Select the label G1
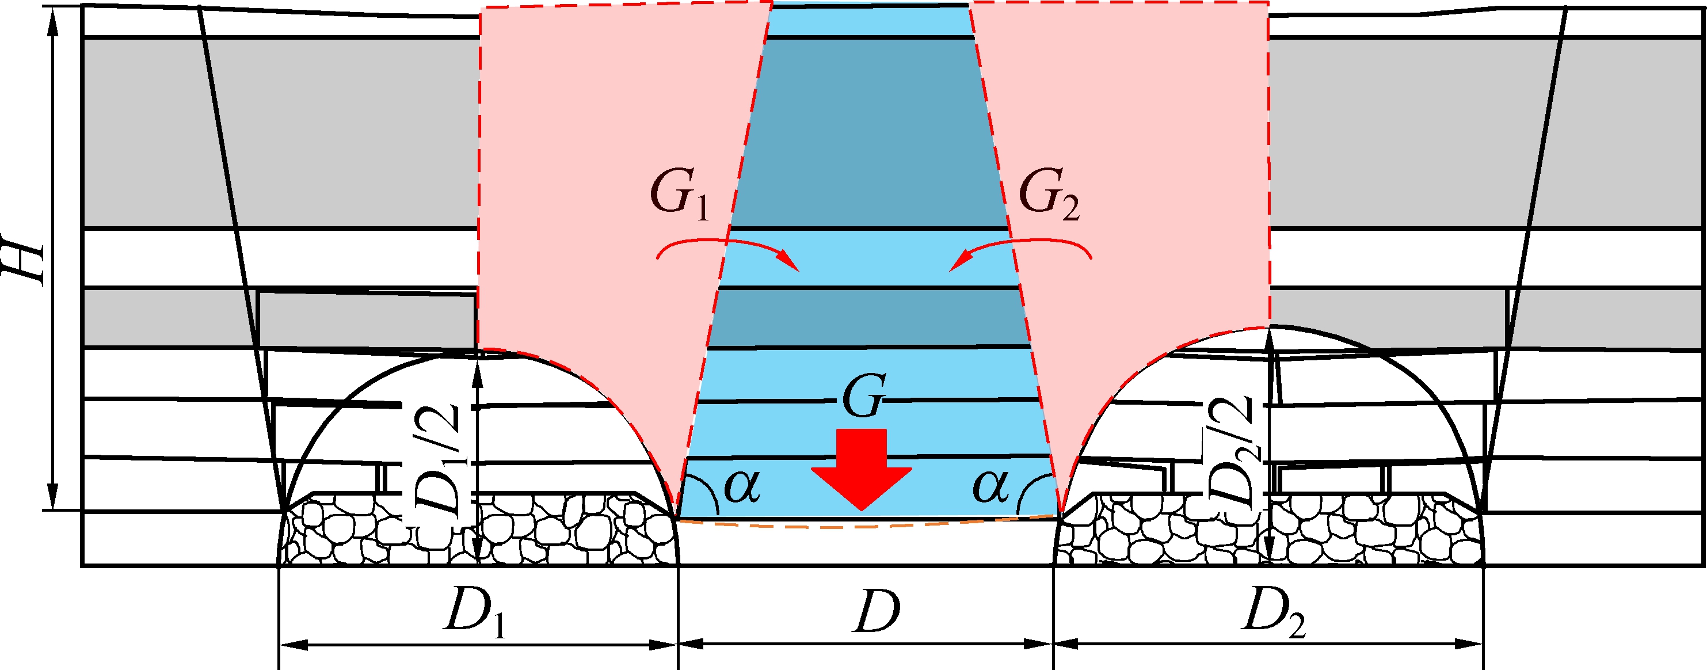[679, 198]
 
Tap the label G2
[1049, 198]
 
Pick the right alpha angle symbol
[990, 487]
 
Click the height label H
[25, 258]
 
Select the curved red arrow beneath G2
[1020, 255]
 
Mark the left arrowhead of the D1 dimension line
[292, 645]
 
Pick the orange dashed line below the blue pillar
[862, 526]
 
